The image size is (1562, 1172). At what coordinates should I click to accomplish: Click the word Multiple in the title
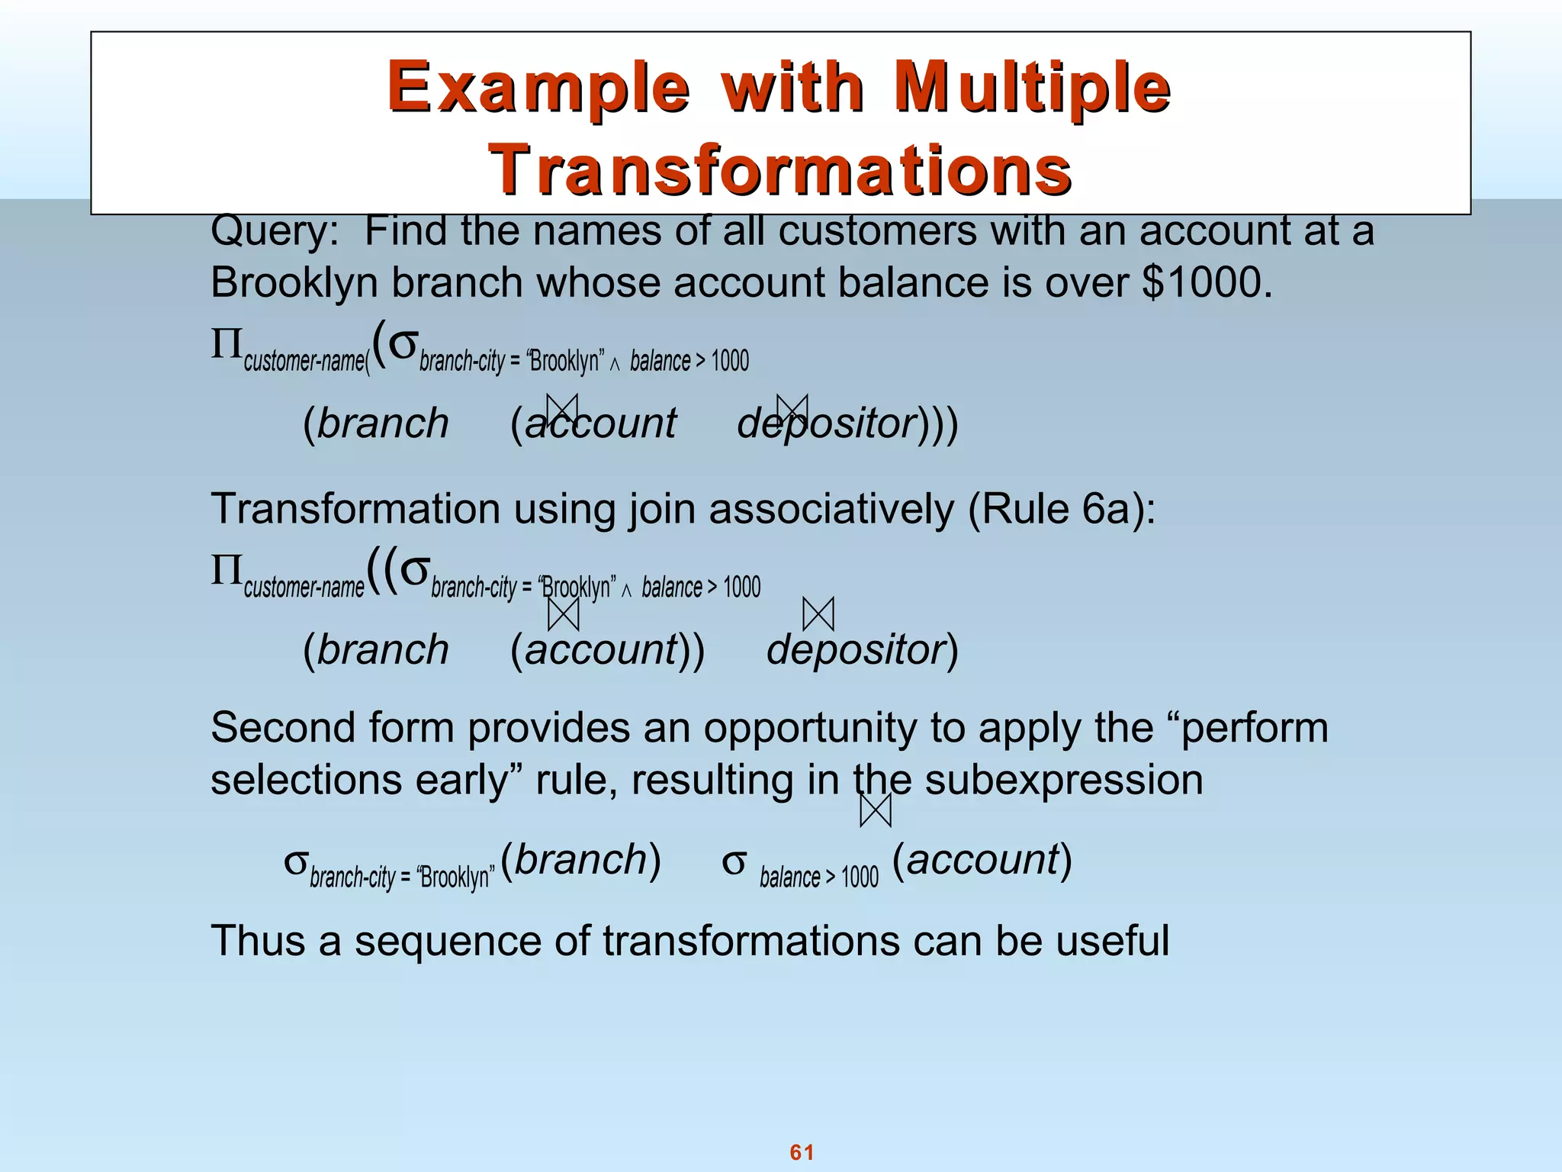pyautogui.click(x=1032, y=88)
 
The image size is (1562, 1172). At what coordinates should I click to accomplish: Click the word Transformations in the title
pyautogui.click(x=780, y=169)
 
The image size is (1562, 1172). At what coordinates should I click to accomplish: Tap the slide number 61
pyautogui.click(x=802, y=1152)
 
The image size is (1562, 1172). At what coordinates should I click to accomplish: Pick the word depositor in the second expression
pyautogui.click(x=856, y=650)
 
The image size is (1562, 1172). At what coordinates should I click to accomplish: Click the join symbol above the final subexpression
pyautogui.click(x=875, y=810)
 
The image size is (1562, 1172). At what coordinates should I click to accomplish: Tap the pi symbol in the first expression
pyautogui.click(x=226, y=345)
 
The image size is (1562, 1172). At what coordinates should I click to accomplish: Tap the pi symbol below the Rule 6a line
pyautogui.click(x=226, y=571)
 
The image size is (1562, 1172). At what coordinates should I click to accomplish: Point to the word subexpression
pyautogui.click(x=1063, y=781)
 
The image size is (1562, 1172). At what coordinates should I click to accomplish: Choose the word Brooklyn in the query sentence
pyautogui.click(x=294, y=283)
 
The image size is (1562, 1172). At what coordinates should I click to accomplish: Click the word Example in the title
pyautogui.click(x=538, y=88)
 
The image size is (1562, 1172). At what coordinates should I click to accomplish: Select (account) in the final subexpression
pyautogui.click(x=982, y=860)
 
